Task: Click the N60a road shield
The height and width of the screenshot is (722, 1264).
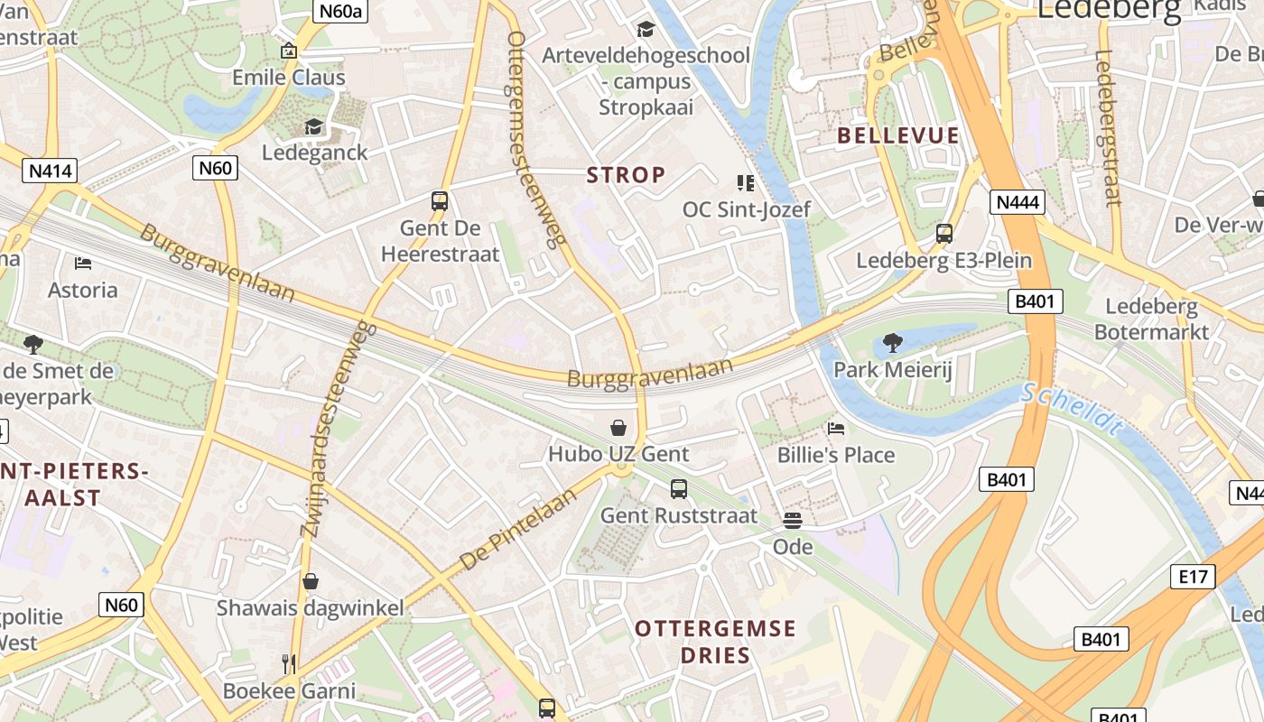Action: click(x=339, y=11)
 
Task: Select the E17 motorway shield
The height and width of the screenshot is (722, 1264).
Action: click(x=1193, y=577)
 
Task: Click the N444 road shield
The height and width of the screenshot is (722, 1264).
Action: click(x=1018, y=201)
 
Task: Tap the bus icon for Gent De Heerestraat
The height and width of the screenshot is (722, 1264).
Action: click(x=440, y=201)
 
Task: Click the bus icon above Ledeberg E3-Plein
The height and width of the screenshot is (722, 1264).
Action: click(x=944, y=234)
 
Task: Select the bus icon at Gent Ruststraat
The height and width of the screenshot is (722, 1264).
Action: click(x=679, y=489)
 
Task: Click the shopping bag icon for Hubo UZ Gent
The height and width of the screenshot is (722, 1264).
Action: click(x=618, y=427)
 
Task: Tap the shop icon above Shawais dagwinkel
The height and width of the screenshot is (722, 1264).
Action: click(x=311, y=581)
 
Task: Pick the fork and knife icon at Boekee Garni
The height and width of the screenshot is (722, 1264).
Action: click(x=289, y=664)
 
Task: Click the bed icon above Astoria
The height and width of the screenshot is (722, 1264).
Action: click(x=83, y=264)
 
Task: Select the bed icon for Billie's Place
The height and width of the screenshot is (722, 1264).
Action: click(x=836, y=428)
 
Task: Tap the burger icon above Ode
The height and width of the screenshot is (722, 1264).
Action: click(x=793, y=520)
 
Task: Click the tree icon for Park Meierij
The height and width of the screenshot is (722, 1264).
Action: click(x=892, y=343)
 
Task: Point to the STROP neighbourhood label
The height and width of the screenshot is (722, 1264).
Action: click(x=627, y=175)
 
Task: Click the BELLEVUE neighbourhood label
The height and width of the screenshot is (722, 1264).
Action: click(x=897, y=136)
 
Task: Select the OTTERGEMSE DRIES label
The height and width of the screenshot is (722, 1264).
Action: click(x=715, y=642)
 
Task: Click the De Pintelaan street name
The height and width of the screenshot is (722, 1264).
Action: click(x=518, y=530)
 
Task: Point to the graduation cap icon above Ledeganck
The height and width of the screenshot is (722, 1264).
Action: click(x=314, y=126)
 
